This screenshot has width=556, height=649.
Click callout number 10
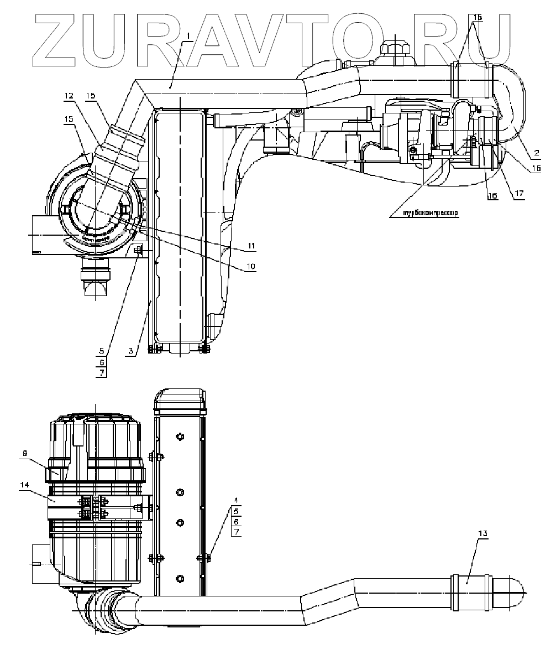click(250, 266)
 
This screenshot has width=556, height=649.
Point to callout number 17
click(518, 194)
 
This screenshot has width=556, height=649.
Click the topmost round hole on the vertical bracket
click(179, 438)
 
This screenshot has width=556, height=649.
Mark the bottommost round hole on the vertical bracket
click(179, 579)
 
